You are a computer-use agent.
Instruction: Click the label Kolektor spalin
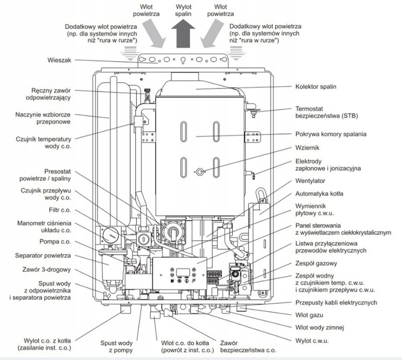pyautogui.click(x=316, y=86)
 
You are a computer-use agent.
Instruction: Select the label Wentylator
pyautogui.click(x=310, y=181)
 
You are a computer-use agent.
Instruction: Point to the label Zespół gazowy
pyautogui.click(x=316, y=263)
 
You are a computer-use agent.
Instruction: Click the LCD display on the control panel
pyautogui.click(x=183, y=272)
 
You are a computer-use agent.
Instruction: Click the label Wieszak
pyautogui.click(x=59, y=60)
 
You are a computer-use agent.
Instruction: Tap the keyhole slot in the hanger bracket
pyautogui.click(x=183, y=60)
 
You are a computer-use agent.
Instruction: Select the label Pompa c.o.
pyautogui.click(x=55, y=242)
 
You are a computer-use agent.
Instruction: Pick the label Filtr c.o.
pyautogui.click(x=60, y=210)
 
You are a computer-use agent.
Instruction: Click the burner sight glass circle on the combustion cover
pyautogui.click(x=200, y=172)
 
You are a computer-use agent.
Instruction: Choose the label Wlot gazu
pyautogui.click(x=309, y=315)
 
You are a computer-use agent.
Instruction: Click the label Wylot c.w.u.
pyautogui.click(x=312, y=341)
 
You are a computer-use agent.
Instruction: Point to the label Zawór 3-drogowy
pyautogui.click(x=46, y=269)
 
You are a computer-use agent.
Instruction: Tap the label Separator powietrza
pyautogui.click(x=43, y=256)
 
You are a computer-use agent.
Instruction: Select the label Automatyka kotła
pyautogui.click(x=319, y=193)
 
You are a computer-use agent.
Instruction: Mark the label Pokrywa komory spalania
pyautogui.click(x=331, y=134)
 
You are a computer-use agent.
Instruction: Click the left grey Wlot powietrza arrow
pyautogui.click(x=154, y=33)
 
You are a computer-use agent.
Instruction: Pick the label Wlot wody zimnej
pyautogui.click(x=319, y=328)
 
